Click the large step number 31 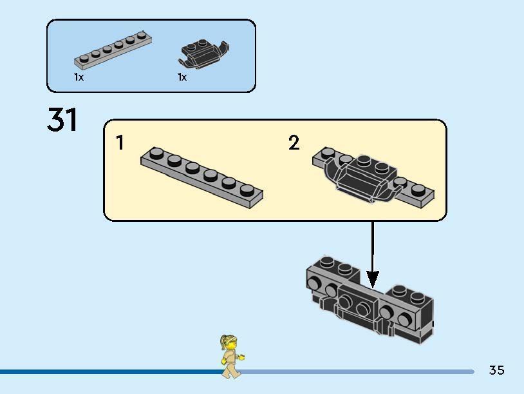click(x=62, y=121)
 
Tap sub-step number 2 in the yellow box click(x=294, y=143)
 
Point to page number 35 click(x=496, y=370)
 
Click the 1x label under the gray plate click(x=79, y=77)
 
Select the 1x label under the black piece click(x=182, y=77)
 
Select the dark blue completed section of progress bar click(x=109, y=372)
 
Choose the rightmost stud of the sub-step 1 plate click(x=247, y=190)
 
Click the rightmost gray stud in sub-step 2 click(x=419, y=190)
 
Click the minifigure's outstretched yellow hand click(x=241, y=355)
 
